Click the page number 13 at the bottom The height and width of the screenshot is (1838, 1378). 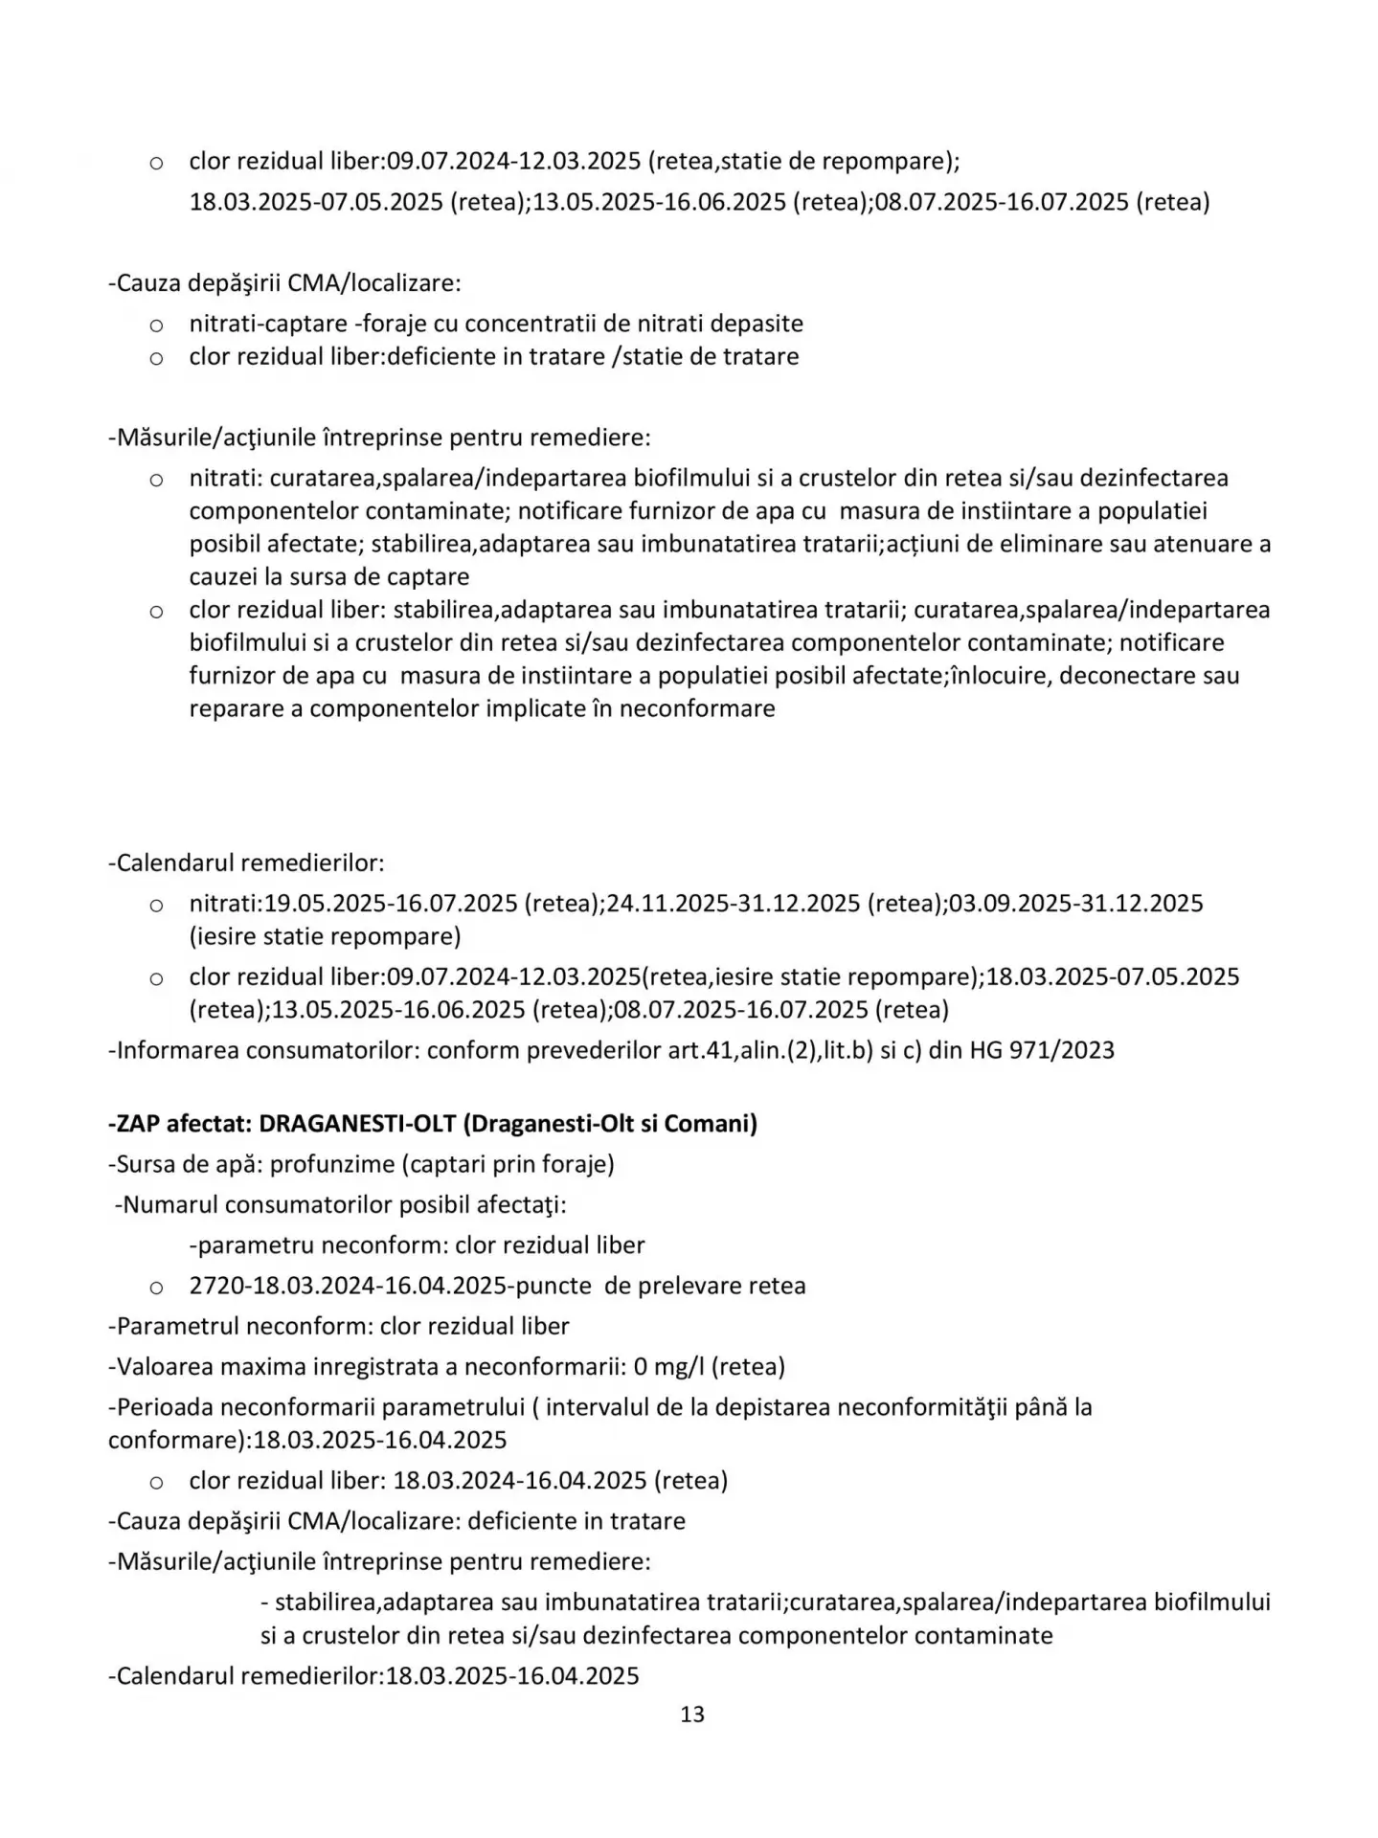(691, 1715)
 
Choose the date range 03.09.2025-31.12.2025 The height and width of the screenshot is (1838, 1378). (1075, 903)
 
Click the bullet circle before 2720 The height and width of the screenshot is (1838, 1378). (156, 1287)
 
